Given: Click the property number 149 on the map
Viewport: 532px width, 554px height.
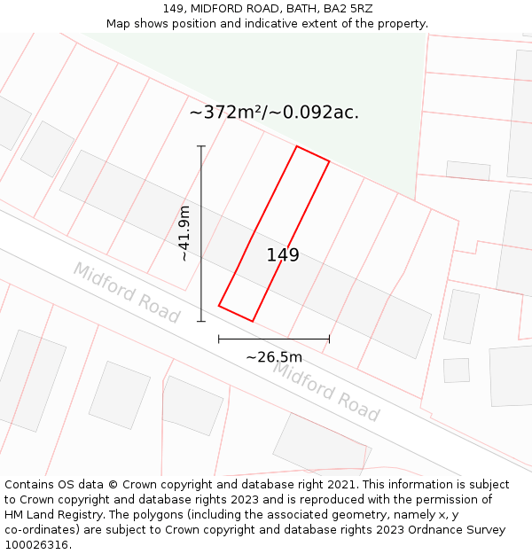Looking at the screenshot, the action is (283, 255).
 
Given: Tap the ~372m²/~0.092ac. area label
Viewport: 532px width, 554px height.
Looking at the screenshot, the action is (274, 113).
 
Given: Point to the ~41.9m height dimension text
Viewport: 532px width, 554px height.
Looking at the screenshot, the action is (184, 233).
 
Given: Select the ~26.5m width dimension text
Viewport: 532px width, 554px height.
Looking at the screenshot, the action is (274, 357).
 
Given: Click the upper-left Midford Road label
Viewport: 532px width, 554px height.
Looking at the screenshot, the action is (126, 293).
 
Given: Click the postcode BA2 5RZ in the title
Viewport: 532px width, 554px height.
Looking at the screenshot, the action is (348, 8).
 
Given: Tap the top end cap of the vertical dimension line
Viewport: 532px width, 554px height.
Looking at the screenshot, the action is (201, 146).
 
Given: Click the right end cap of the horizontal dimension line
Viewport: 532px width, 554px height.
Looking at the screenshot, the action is (329, 339).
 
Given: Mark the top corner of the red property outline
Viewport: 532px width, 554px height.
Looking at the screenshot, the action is (296, 146).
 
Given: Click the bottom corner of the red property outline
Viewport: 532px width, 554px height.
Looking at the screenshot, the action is (253, 321).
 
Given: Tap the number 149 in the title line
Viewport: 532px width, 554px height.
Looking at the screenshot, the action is (173, 8).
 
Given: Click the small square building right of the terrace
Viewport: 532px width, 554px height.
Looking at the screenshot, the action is (456, 370).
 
